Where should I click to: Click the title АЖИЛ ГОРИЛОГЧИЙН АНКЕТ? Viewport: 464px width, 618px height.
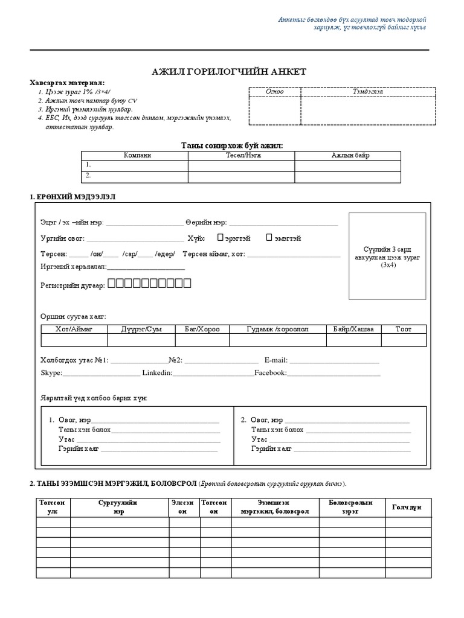[x=229, y=72]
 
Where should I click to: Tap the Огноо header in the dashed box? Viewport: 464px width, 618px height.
[x=275, y=91]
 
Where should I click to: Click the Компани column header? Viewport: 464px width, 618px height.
[x=135, y=155]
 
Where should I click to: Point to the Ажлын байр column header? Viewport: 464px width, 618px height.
[x=348, y=155]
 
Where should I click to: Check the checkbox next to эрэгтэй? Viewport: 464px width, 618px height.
[x=221, y=238]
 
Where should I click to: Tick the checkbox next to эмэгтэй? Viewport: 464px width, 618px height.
[x=269, y=238]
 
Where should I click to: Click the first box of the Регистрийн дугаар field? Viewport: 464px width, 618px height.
[x=112, y=283]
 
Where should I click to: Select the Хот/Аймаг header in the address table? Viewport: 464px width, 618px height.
[x=74, y=329]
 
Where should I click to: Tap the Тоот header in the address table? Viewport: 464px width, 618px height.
[x=403, y=329]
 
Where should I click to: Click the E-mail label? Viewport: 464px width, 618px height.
[x=275, y=360]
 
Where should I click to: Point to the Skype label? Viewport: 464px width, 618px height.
[x=51, y=373]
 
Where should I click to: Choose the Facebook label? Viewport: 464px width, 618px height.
[x=269, y=373]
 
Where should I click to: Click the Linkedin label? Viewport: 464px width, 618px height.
[x=157, y=373]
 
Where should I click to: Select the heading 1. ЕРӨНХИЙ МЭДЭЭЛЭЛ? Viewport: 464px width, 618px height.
[x=72, y=197]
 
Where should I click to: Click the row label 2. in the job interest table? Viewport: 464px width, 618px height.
[x=88, y=176]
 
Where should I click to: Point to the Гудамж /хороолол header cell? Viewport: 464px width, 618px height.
[x=278, y=329]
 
